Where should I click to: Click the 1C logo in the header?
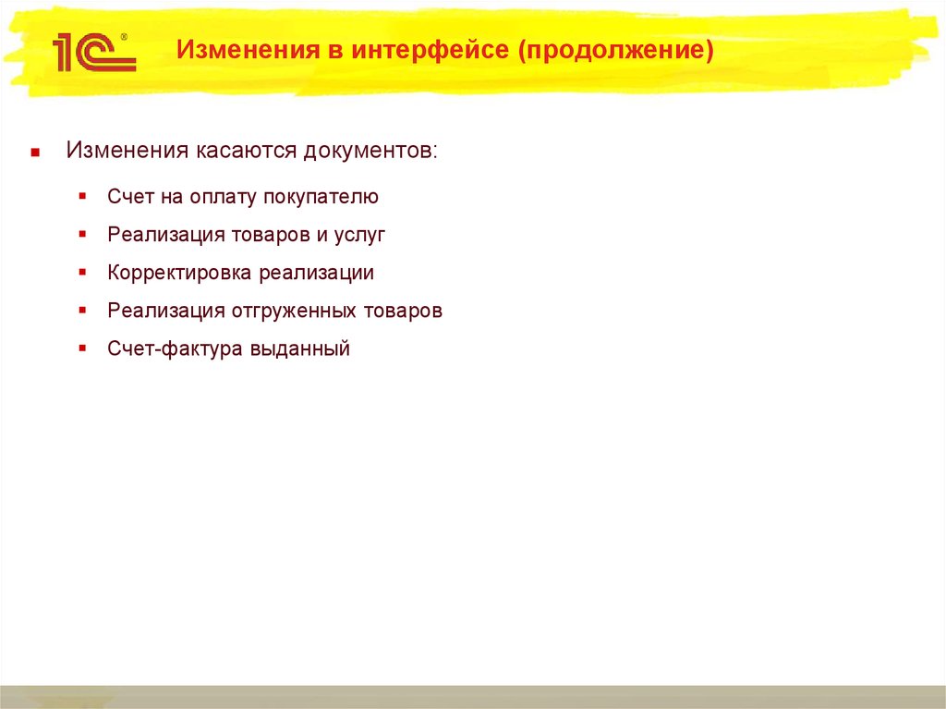tap(92, 54)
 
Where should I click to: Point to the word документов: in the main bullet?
tap(371, 151)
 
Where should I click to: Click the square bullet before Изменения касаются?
tap(34, 152)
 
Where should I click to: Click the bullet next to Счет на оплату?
tap(83, 197)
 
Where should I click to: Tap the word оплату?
tap(224, 197)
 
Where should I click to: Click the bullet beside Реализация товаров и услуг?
tap(83, 235)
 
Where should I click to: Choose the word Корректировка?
tap(180, 274)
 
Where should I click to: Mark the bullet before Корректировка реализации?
tap(83, 273)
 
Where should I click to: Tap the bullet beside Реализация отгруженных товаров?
tap(83, 311)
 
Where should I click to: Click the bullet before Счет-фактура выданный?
tap(83, 348)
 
